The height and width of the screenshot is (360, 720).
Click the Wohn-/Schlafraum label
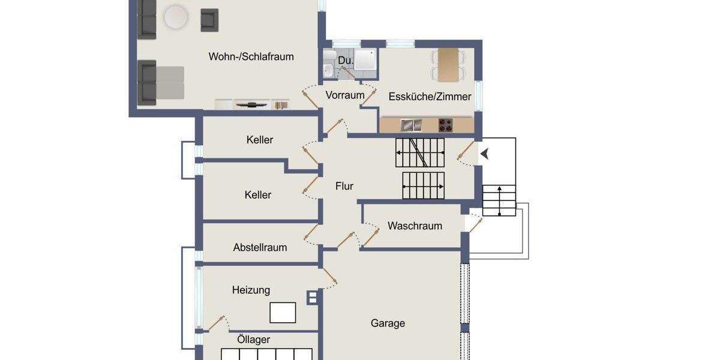pyautogui.click(x=251, y=57)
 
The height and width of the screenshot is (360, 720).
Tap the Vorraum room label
pyautogui.click(x=345, y=95)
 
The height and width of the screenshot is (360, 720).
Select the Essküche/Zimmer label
pyautogui.click(x=430, y=96)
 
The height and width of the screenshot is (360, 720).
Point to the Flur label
pyautogui.click(x=344, y=186)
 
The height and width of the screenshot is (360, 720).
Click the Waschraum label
pyautogui.click(x=415, y=226)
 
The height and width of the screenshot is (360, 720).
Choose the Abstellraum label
pyautogui.click(x=260, y=247)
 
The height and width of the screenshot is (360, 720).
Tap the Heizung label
pyautogui.click(x=251, y=290)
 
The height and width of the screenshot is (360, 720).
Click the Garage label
pyautogui.click(x=388, y=323)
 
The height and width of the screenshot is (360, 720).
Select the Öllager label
pyautogui.click(x=253, y=340)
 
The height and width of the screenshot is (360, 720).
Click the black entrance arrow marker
pyautogui.click(x=485, y=154)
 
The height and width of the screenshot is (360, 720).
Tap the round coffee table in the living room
pyautogui.click(x=176, y=17)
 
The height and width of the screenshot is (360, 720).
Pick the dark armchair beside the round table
pyautogui.click(x=209, y=20)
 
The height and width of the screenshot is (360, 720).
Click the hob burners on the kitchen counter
pyautogui.click(x=445, y=125)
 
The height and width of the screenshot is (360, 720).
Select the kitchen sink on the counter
pyautogui.click(x=412, y=125)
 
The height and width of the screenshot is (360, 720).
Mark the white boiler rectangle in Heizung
pyautogui.click(x=283, y=313)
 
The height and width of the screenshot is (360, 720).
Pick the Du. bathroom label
pyautogui.click(x=344, y=61)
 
